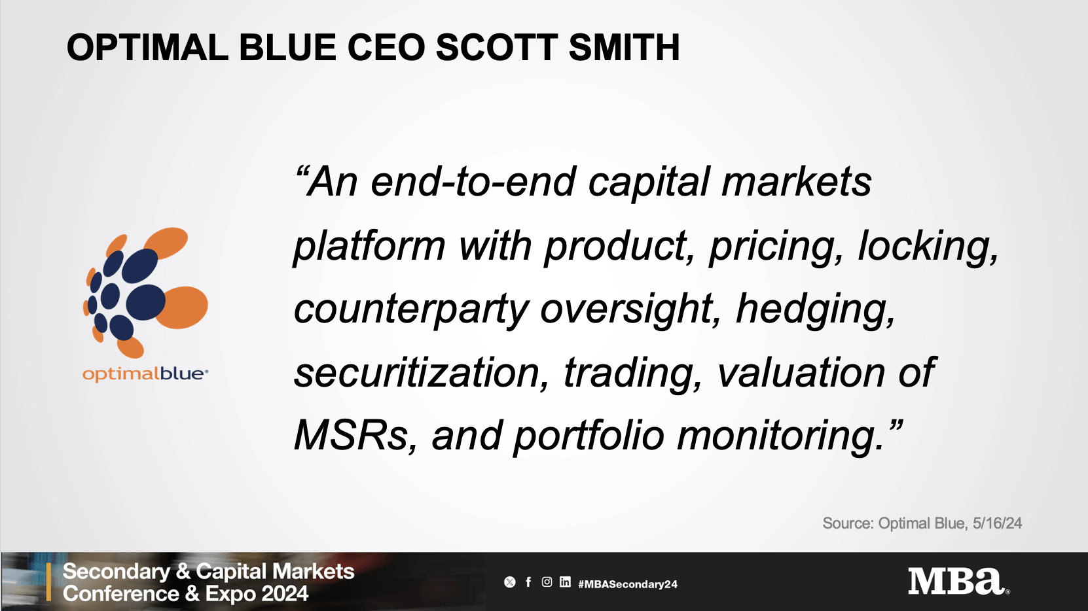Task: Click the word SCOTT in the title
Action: (496, 48)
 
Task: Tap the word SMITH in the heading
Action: (624, 48)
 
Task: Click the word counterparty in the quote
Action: (410, 310)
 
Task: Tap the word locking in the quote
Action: (928, 247)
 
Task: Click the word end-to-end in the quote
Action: (473, 182)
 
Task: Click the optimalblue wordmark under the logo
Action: (145, 374)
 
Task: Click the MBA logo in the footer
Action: (958, 582)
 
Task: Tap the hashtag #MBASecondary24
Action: (627, 584)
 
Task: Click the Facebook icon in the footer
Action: (528, 582)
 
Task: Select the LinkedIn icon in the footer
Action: (565, 582)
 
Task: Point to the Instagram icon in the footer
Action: (547, 582)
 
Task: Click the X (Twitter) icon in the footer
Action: (510, 582)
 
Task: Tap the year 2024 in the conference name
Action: (282, 594)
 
